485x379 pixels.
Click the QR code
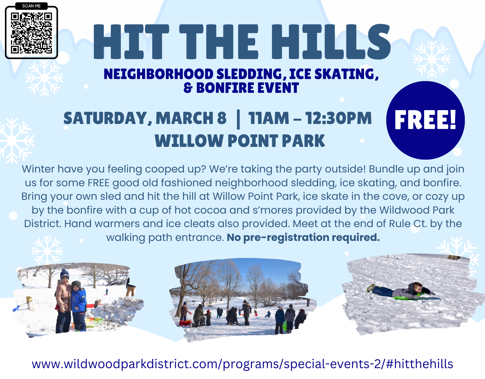pos(31,33)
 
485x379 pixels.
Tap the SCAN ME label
pos(31,6)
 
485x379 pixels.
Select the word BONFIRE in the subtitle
pos(225,88)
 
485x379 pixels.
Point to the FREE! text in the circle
pos(425,120)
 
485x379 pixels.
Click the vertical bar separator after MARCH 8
pos(238,119)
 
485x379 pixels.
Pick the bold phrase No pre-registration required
pos(303,237)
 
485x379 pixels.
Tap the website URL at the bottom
pos(242,364)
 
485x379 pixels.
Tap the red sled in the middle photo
pos(185,323)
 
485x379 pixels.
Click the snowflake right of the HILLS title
pos(432,59)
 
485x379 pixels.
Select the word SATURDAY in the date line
pos(105,118)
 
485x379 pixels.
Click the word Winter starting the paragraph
pos(38,169)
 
